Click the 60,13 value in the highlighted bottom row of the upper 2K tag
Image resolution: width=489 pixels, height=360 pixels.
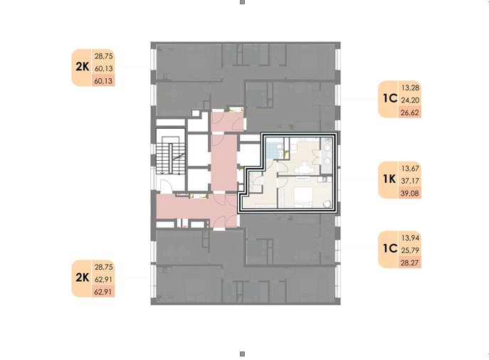point(103,81)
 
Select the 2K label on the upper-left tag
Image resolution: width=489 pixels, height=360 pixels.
point(83,67)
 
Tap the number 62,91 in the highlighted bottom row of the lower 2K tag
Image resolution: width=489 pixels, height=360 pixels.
point(103,292)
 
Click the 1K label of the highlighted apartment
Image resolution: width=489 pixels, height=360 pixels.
point(389,179)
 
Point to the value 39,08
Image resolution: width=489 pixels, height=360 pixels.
point(410,194)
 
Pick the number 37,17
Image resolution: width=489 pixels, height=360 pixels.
point(410,181)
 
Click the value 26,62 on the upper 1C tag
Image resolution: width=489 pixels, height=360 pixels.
point(410,112)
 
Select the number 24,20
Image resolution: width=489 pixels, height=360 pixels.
point(410,100)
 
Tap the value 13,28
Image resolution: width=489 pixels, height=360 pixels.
point(410,88)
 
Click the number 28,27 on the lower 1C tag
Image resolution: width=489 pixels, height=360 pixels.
point(410,263)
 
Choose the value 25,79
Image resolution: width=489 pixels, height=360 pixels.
point(410,250)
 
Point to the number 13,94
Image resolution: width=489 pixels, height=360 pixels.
point(410,238)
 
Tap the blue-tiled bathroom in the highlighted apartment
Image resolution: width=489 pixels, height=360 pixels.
point(275,149)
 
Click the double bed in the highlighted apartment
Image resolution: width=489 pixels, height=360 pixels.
point(303,196)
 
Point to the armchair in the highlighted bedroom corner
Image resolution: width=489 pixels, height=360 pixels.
point(327,204)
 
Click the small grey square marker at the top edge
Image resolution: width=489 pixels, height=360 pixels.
point(242,2)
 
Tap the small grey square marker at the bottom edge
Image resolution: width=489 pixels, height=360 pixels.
point(242,354)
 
